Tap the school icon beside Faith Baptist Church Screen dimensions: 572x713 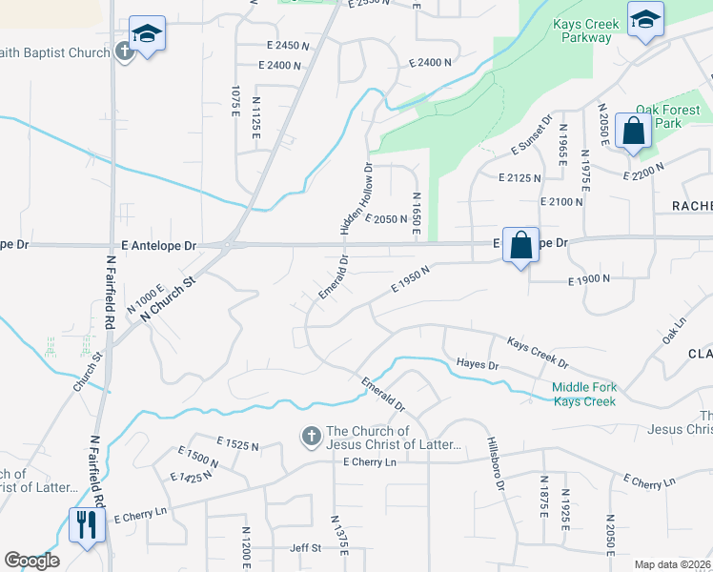(147, 35)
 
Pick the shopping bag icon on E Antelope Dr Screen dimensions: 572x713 (520, 245)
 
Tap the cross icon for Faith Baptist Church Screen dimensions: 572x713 (124, 51)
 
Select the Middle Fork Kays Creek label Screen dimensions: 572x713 (583, 394)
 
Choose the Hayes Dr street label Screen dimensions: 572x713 (478, 364)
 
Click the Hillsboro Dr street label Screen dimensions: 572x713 (495, 464)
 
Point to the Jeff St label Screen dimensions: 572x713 (305, 548)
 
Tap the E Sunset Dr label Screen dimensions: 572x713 (532, 136)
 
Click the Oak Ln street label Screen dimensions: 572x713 (673, 332)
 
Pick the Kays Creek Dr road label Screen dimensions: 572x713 (537, 353)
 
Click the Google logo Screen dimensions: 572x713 (31, 561)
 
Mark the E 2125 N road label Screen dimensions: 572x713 (519, 177)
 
